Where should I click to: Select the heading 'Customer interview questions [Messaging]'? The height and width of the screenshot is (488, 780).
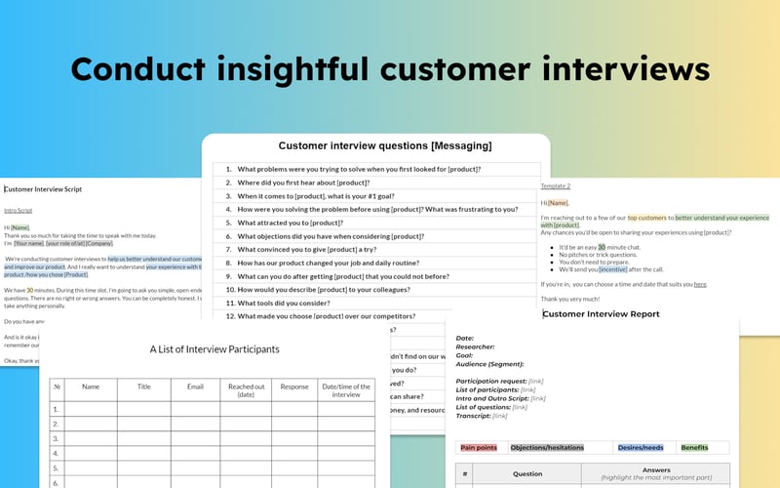pos(385,146)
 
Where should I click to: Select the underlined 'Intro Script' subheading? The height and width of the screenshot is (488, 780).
pos(19,210)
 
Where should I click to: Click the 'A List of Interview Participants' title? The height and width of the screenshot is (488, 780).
pos(214,349)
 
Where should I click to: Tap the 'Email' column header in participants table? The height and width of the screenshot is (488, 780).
pos(195,386)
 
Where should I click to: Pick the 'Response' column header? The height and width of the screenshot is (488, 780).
pos(294,386)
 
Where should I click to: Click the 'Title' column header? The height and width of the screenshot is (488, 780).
pos(144,386)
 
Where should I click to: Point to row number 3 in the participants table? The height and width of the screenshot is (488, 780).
pos(57,439)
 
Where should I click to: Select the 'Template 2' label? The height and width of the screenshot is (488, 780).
pos(556,185)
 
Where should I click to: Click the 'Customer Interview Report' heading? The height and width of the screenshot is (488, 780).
pos(602,314)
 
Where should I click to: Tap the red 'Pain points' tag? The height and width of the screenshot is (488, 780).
pos(479,448)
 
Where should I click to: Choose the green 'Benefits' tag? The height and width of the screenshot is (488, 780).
pos(694,448)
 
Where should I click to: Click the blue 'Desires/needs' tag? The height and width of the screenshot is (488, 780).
pos(641,448)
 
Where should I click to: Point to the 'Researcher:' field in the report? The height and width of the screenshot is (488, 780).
pos(475,346)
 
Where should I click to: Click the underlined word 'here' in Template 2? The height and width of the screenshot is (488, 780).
pos(700,284)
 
